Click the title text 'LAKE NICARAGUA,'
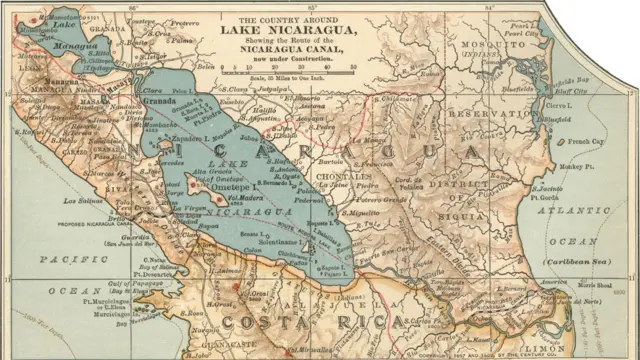(288, 30)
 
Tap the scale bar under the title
(287, 70)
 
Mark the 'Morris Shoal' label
(590, 287)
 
